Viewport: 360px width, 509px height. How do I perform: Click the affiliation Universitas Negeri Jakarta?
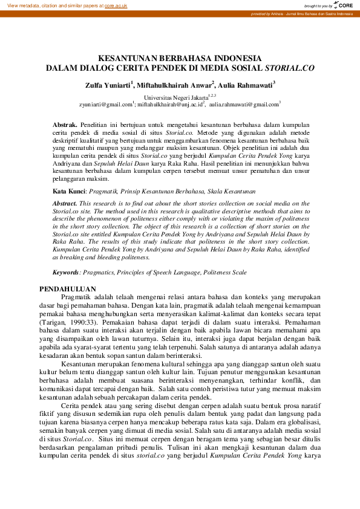[x=175, y=97]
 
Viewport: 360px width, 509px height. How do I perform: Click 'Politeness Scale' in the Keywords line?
[x=224, y=273]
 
